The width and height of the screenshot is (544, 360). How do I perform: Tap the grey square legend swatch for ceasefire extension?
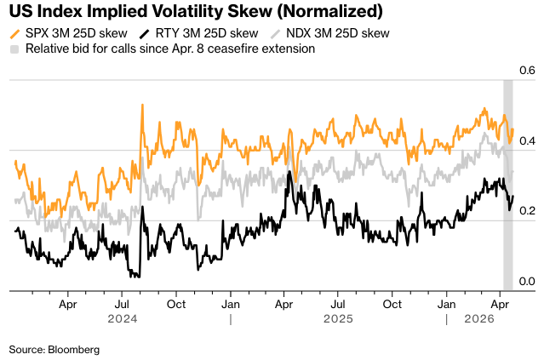(14, 49)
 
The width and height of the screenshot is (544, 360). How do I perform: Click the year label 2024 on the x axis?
(123, 320)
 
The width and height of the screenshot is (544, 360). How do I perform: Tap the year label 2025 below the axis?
(339, 320)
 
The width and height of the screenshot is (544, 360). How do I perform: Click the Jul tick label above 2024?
(123, 303)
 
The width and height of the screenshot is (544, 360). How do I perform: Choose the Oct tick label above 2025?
(392, 303)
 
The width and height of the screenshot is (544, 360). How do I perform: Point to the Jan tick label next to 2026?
(446, 303)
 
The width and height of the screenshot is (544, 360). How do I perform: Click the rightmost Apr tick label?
(501, 303)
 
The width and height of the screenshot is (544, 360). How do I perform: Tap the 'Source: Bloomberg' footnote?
(54, 349)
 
